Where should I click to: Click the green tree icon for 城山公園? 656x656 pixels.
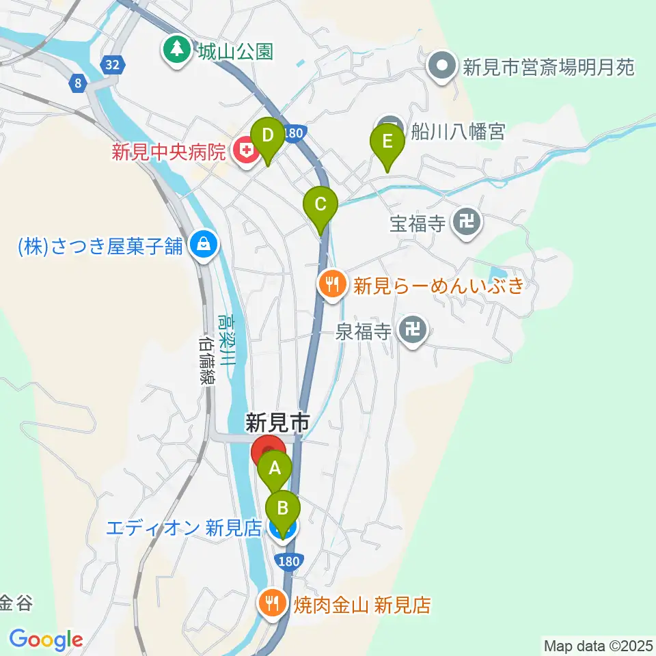(x=177, y=50)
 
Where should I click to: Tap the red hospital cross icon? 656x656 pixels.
(x=243, y=150)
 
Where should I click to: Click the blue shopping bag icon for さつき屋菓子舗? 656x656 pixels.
(x=204, y=244)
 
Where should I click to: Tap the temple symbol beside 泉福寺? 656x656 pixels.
(x=413, y=332)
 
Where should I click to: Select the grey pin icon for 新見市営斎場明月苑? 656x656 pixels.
(x=442, y=67)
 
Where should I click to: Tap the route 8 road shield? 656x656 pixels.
(x=78, y=84)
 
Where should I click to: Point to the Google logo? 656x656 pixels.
(x=46, y=640)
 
